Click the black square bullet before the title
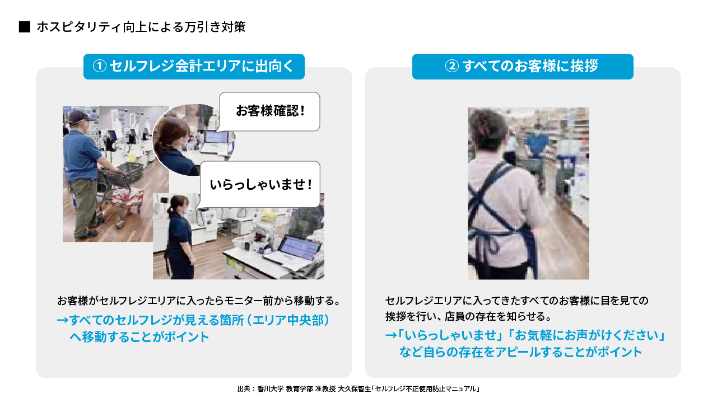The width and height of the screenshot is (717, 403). pyautogui.click(x=25, y=27)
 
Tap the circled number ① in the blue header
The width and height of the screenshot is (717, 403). pyautogui.click(x=100, y=66)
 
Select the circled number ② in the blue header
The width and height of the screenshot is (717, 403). pyautogui.click(x=452, y=66)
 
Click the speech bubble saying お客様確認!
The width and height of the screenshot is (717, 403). pyautogui.click(x=269, y=111)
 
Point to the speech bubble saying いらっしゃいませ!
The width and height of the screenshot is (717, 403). pyautogui.click(x=260, y=184)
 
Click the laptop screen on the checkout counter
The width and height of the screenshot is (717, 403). pyautogui.click(x=300, y=247)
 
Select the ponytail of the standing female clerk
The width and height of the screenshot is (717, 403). pyautogui.click(x=170, y=211)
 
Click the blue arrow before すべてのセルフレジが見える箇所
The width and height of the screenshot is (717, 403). pyautogui.click(x=63, y=320)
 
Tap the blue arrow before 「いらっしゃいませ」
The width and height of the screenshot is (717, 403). pyautogui.click(x=391, y=335)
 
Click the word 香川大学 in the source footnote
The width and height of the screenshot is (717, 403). pyautogui.click(x=271, y=389)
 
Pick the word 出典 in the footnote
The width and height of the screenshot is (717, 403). pyautogui.click(x=244, y=389)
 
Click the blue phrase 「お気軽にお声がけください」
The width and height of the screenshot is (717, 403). pyautogui.click(x=588, y=335)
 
